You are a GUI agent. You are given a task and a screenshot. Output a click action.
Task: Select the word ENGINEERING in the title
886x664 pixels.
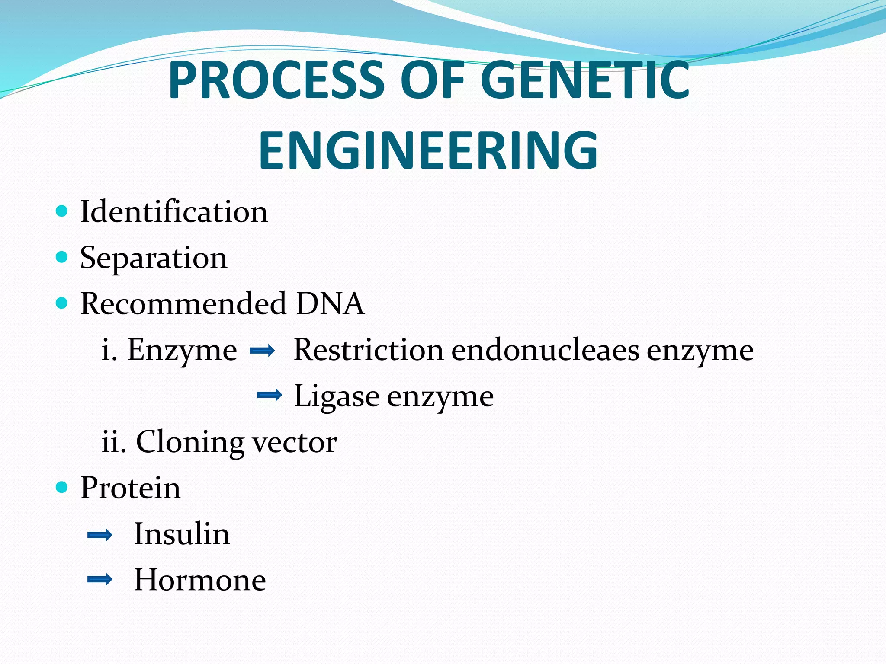pos(428,151)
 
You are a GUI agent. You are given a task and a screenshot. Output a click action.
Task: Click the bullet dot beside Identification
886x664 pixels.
pos(62,211)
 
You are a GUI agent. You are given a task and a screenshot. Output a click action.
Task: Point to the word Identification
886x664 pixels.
pos(174,212)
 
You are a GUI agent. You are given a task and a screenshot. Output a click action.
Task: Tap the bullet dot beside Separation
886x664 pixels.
pos(62,257)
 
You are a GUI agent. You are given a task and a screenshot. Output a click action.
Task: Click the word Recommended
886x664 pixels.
pos(183,303)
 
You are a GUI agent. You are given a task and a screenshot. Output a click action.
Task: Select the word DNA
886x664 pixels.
pos(330,303)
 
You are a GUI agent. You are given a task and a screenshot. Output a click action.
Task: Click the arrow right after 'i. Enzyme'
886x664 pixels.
pos(262,351)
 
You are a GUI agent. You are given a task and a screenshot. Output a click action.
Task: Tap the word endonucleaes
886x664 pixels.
pos(545,350)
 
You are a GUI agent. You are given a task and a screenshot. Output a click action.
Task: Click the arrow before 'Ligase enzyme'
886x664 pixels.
pos(270,395)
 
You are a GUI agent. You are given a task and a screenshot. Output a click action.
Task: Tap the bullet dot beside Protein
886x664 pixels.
pos(62,487)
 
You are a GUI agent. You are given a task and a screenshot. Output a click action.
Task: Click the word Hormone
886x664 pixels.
pos(200,580)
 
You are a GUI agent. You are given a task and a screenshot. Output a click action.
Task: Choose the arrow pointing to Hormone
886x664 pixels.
pos(100,579)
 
